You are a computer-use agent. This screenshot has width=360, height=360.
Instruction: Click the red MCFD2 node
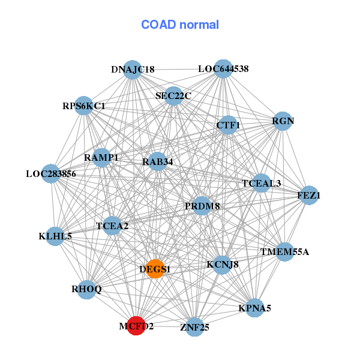pos(136,326)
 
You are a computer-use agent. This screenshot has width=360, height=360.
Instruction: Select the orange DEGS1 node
pos(155,268)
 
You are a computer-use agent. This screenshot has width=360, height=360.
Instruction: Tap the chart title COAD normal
pos(180,25)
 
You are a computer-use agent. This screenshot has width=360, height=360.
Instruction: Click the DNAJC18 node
pos(133,69)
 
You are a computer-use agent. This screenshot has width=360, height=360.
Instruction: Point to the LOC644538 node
pos(223,68)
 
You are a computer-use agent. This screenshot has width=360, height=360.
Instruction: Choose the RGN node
pos(283,121)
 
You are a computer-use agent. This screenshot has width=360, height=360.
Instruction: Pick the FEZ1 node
pos(308,195)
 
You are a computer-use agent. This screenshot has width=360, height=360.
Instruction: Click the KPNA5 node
pos(254,308)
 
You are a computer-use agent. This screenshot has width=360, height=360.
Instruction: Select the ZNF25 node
pos(194,327)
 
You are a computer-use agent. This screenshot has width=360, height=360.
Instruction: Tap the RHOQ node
pos(87,289)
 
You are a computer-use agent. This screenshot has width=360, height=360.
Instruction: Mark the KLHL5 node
pos(55,236)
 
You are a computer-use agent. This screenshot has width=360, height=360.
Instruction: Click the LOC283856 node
pos(51,174)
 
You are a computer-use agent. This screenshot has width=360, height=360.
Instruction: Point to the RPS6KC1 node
pos(84,106)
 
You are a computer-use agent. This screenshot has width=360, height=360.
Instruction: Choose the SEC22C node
pos(173,95)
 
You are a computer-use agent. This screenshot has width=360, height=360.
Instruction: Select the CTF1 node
pos(228,125)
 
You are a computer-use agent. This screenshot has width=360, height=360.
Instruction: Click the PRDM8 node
pos(202,206)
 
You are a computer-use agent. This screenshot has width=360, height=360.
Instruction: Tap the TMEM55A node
pos(284,251)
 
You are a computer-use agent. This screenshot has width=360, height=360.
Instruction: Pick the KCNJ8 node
pos(222,264)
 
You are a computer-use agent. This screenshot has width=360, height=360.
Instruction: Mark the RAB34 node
pos(157,161)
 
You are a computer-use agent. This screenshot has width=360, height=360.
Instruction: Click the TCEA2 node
pos(112,226)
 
